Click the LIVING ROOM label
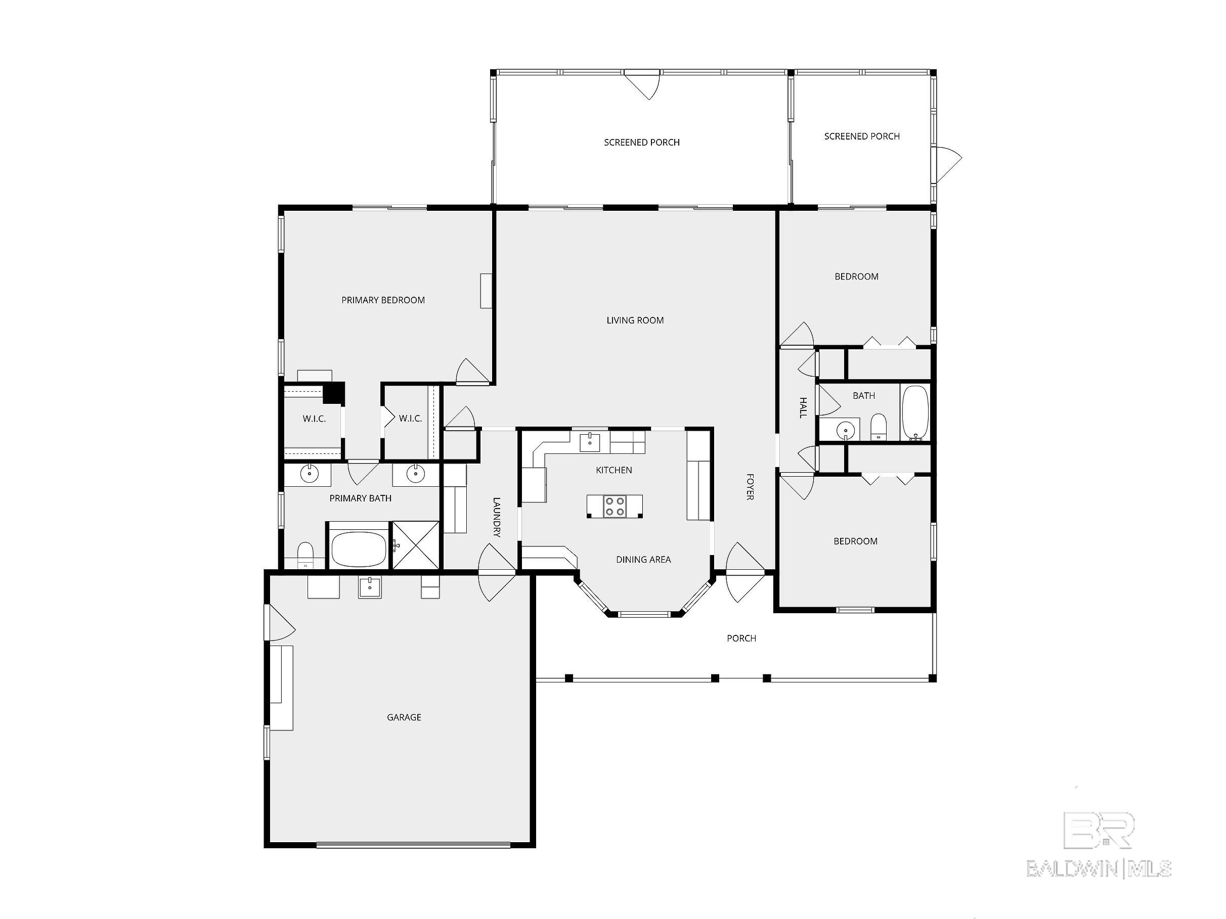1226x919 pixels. click(635, 320)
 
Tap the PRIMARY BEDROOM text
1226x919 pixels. click(383, 300)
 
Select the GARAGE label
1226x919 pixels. click(404, 717)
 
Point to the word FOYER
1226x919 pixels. click(750, 487)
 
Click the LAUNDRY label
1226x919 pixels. click(497, 518)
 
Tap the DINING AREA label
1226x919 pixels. click(643, 560)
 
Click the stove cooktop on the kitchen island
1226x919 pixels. click(615, 507)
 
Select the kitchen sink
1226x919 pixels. click(590, 443)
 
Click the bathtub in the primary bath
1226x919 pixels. click(359, 549)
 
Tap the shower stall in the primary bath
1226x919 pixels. click(416, 545)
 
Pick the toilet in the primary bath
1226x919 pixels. click(305, 556)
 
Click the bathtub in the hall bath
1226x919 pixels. click(915, 413)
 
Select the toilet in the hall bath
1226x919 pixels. click(879, 427)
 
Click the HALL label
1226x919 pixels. click(803, 407)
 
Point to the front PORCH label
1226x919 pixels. click(741, 638)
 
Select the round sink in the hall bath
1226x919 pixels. click(845, 429)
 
